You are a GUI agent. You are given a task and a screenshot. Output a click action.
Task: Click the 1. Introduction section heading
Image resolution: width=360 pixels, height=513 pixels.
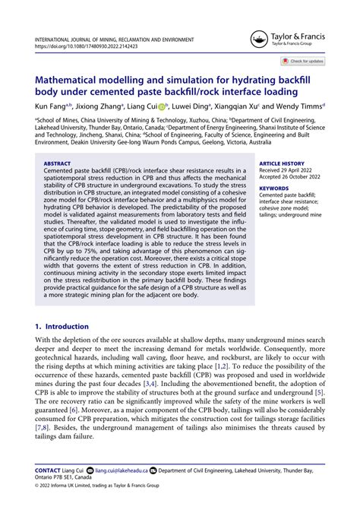pyautogui.click(x=62, y=325)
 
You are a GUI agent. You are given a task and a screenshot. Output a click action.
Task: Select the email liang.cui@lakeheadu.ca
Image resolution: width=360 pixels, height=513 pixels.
pyautogui.click(x=119, y=472)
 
